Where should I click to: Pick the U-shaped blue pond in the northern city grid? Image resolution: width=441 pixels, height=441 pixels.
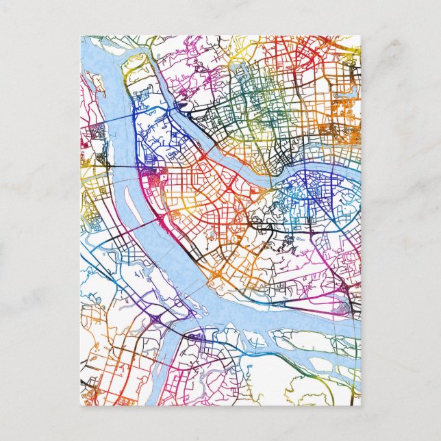click(240, 68)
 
